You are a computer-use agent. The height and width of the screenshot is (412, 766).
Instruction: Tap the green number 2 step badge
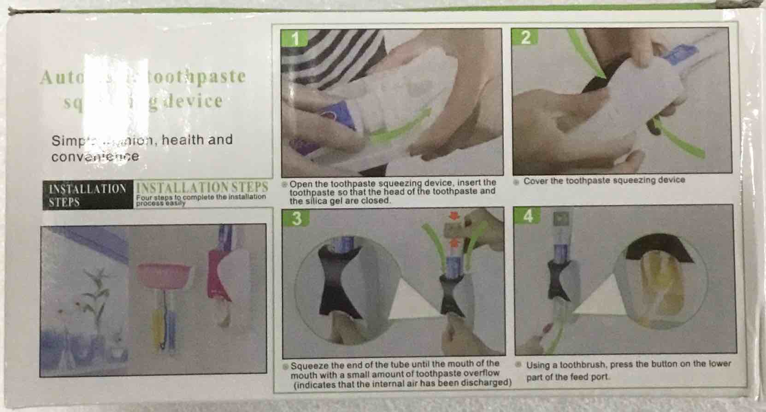(x=525, y=37)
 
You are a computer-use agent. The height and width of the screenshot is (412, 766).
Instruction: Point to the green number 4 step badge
(x=528, y=215)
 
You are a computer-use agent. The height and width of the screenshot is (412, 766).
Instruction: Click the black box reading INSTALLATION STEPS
(x=88, y=195)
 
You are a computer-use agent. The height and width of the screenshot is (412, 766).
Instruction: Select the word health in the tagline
(x=183, y=140)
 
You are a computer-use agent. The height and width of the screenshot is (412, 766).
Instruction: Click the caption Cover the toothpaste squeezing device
(x=604, y=181)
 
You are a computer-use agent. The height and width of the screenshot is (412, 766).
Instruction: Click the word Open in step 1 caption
(x=299, y=183)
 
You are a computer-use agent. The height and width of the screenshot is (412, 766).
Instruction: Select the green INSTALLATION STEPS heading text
(x=202, y=188)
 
